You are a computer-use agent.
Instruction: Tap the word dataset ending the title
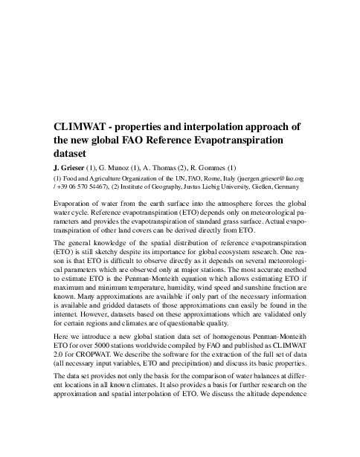tap(72, 153)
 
